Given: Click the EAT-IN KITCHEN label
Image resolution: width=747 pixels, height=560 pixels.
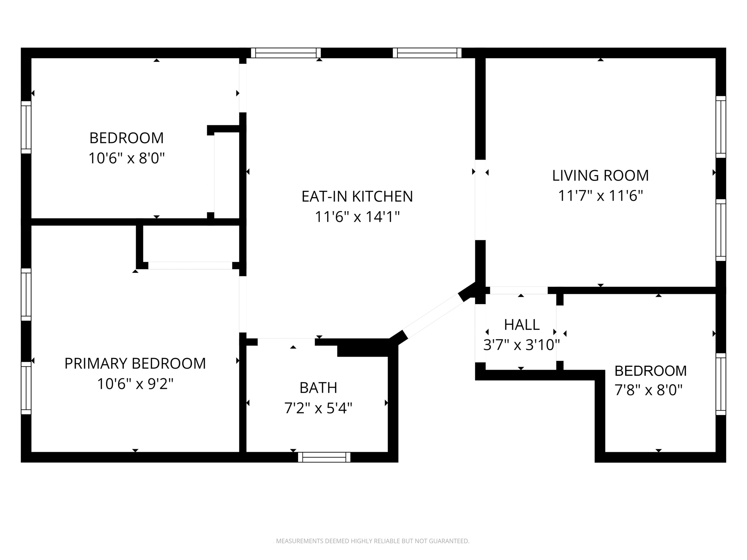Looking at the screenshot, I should click(x=357, y=197).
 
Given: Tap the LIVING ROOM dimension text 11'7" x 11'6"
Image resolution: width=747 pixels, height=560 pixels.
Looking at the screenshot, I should click(x=600, y=196).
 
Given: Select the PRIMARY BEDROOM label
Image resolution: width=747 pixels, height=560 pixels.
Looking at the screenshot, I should click(x=135, y=363).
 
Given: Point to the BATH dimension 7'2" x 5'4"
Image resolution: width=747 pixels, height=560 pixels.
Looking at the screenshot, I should click(x=318, y=408).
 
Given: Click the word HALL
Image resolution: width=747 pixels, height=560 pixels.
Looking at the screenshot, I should click(x=522, y=324).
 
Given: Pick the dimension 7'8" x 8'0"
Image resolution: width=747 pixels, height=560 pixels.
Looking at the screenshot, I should click(x=648, y=390).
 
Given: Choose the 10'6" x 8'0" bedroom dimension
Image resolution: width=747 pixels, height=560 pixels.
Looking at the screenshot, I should click(x=127, y=158).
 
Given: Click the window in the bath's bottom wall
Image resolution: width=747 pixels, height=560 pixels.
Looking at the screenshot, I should click(x=324, y=457).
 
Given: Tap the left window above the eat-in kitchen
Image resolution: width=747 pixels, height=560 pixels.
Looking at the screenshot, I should click(x=286, y=53).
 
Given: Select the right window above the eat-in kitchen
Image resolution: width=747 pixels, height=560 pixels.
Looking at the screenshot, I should click(x=427, y=53).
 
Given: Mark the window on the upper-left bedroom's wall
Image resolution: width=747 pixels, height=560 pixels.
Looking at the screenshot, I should click(x=26, y=127).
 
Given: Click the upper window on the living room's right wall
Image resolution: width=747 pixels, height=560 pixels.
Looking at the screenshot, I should click(x=720, y=127).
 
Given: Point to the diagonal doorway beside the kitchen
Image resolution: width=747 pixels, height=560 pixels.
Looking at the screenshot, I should click(x=433, y=316).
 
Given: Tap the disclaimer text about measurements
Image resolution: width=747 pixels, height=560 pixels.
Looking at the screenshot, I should click(x=372, y=541).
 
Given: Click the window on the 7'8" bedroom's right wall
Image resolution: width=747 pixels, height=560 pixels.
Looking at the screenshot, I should click(x=720, y=384).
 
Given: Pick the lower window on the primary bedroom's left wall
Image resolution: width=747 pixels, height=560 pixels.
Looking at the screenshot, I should click(x=26, y=388).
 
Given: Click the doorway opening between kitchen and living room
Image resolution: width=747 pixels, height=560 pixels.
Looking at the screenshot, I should click(x=480, y=200).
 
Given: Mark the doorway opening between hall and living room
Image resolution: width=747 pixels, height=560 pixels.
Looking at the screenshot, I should click(x=518, y=290).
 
